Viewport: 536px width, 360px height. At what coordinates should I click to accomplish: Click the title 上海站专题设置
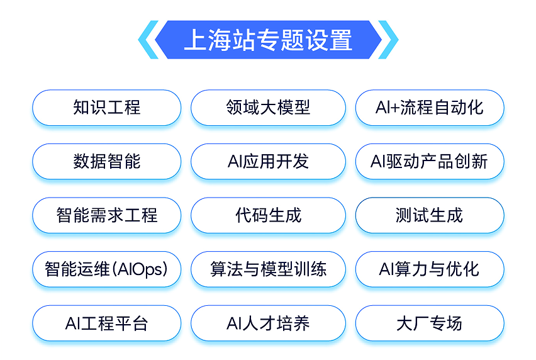(268, 40)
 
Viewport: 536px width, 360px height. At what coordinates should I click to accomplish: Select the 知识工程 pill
(107, 108)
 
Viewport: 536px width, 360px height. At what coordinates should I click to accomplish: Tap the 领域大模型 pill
(268, 108)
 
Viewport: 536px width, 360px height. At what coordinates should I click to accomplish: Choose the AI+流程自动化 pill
(430, 108)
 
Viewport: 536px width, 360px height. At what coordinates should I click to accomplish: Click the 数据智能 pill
(107, 162)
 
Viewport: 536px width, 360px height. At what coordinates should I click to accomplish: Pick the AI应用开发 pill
(268, 162)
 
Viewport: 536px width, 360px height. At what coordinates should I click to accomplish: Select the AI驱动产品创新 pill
(430, 162)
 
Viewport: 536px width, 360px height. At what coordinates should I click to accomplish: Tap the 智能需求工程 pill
(107, 216)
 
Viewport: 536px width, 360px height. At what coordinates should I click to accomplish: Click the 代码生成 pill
(268, 216)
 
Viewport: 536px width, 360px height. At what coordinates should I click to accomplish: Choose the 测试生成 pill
(430, 216)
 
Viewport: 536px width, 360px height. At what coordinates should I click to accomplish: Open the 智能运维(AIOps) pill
(107, 270)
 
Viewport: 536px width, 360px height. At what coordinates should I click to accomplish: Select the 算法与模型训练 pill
(268, 270)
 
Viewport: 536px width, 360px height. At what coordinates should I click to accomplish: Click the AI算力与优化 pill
(430, 270)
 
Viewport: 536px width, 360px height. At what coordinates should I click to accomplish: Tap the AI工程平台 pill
(107, 324)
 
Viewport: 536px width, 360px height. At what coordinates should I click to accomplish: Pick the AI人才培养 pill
(268, 324)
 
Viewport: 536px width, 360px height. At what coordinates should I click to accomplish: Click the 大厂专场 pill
(430, 324)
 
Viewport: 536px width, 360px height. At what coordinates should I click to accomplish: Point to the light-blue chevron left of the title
(147, 40)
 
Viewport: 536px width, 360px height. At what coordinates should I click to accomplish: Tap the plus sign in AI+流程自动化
(395, 108)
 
